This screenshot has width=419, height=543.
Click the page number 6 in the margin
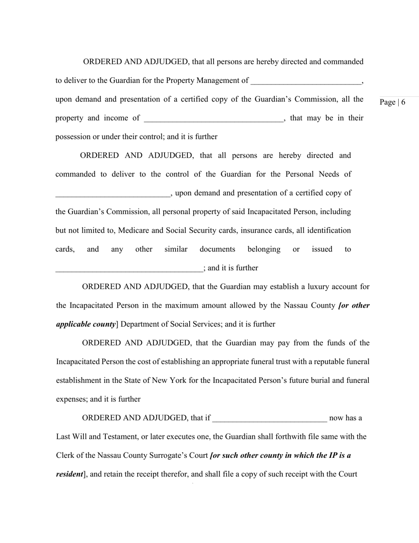click(x=403, y=102)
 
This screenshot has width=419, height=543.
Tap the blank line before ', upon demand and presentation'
click(x=112, y=194)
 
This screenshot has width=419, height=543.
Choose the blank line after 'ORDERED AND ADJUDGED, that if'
click(x=269, y=419)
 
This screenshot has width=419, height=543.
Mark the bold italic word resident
click(x=70, y=474)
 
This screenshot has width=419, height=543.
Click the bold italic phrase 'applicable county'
click(x=86, y=324)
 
